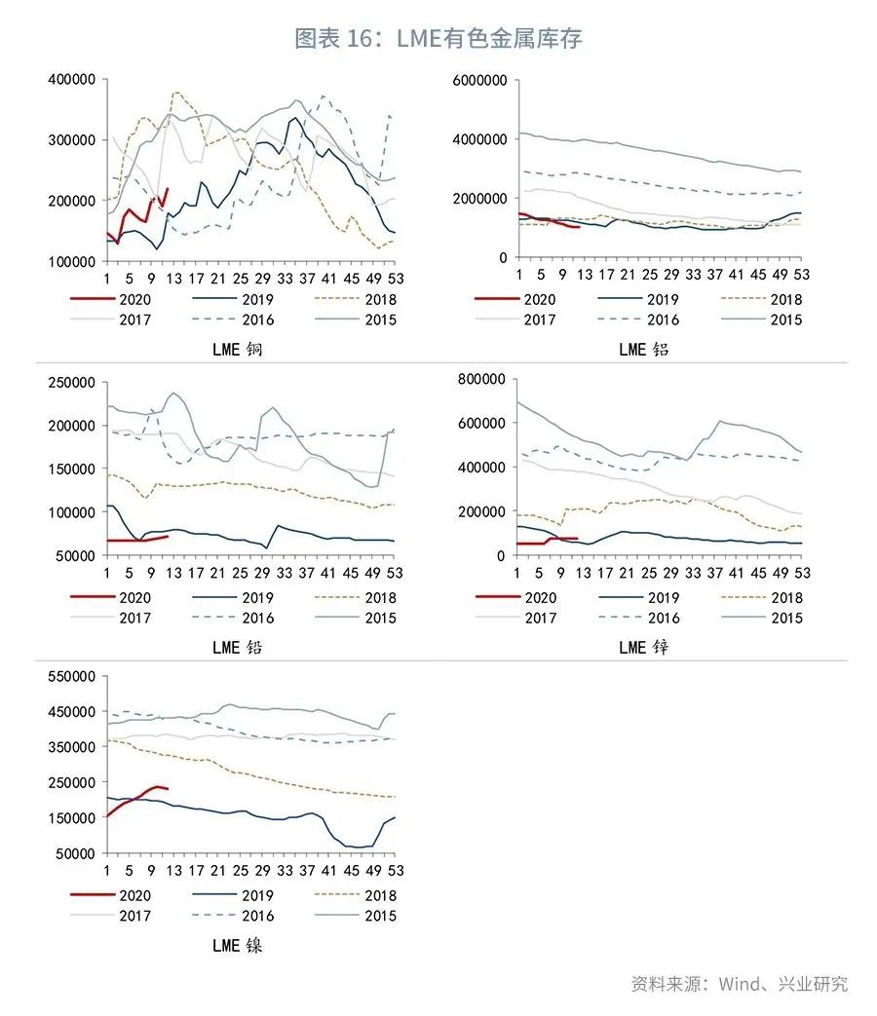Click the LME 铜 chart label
237,349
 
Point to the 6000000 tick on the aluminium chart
480,80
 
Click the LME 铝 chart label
644,349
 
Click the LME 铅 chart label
237,647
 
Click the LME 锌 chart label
644,647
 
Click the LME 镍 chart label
237,945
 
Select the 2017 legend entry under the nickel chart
132,916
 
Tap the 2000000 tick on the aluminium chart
480,199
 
